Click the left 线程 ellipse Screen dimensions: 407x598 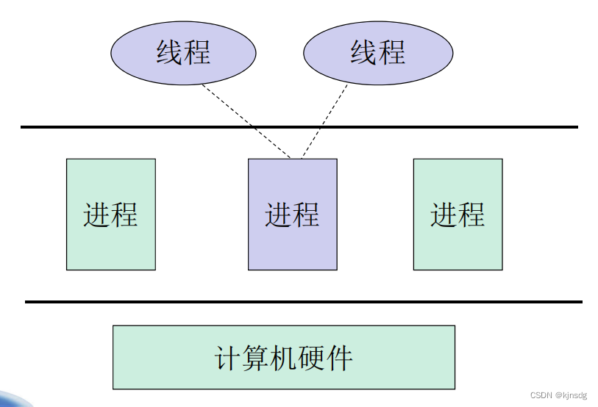tap(183, 53)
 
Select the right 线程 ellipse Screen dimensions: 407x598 tap(378, 53)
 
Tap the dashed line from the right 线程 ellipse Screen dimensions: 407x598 tap(324, 121)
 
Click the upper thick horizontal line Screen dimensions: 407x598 tap(147, 127)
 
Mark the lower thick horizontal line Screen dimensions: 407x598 tap(147, 301)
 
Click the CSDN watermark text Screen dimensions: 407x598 tap(541, 395)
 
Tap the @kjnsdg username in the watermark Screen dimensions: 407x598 tap(572, 395)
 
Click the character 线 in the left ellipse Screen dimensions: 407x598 tap(169, 53)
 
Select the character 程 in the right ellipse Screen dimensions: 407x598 tap(392, 53)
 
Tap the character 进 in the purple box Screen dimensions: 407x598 tap(278, 215)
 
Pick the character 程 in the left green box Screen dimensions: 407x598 tap(124, 215)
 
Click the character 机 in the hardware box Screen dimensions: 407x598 tap(284, 358)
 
